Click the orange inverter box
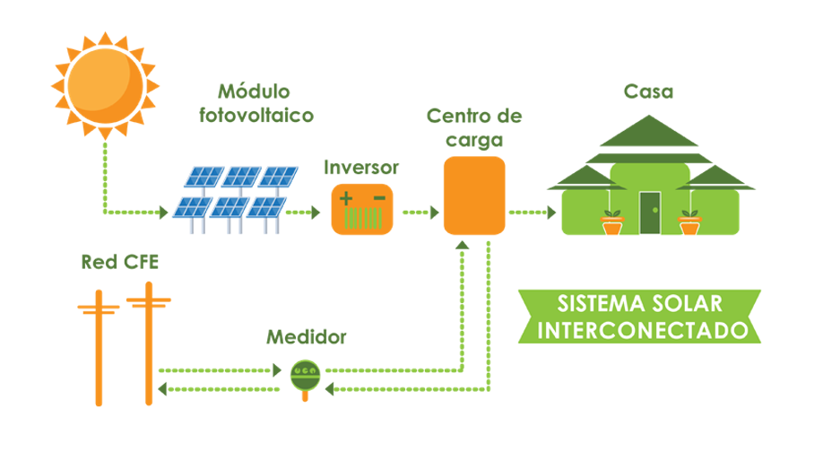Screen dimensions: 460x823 coord(362,209)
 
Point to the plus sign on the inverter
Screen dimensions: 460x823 coord(345,197)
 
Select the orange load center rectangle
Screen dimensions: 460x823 coord(475,195)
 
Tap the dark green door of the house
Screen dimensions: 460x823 coord(649,213)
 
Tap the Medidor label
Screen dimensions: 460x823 coord(306,338)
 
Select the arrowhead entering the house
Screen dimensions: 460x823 coord(550,213)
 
